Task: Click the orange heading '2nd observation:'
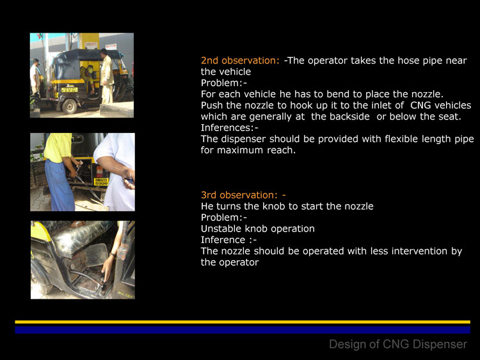click(x=240, y=61)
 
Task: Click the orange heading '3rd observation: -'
click(x=243, y=195)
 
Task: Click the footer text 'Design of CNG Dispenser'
click(x=398, y=345)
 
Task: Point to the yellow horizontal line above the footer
click(x=243, y=322)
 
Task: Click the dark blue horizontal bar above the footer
click(x=243, y=330)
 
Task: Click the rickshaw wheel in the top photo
click(x=70, y=106)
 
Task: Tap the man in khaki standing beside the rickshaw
click(x=106, y=77)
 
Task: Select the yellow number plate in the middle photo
click(x=101, y=182)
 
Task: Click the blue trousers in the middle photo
click(x=60, y=185)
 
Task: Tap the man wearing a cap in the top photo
click(x=35, y=77)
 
